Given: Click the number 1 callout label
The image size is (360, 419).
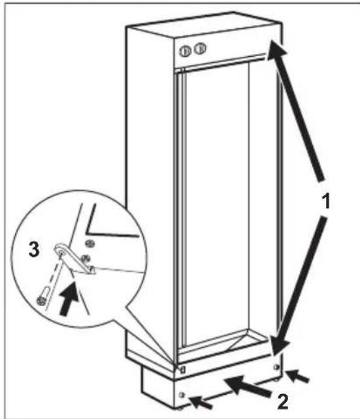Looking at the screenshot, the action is [x=326, y=201].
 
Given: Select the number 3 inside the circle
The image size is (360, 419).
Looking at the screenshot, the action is [x=34, y=250].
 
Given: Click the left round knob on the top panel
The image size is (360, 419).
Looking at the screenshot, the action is [x=185, y=51].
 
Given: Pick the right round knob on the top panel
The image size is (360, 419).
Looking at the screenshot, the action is [x=199, y=49].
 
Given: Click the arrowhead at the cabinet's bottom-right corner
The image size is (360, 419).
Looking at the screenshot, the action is [x=279, y=345].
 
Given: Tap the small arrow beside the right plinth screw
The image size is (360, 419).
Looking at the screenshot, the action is [x=297, y=376].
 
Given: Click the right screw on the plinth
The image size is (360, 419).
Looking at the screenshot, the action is [x=276, y=367].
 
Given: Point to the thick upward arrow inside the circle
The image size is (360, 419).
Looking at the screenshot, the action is [x=69, y=300].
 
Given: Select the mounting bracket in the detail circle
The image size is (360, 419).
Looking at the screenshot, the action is [x=74, y=258].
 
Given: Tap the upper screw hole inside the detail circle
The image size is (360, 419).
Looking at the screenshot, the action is [x=90, y=243].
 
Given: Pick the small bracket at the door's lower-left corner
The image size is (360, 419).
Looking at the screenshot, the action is [x=183, y=370].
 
